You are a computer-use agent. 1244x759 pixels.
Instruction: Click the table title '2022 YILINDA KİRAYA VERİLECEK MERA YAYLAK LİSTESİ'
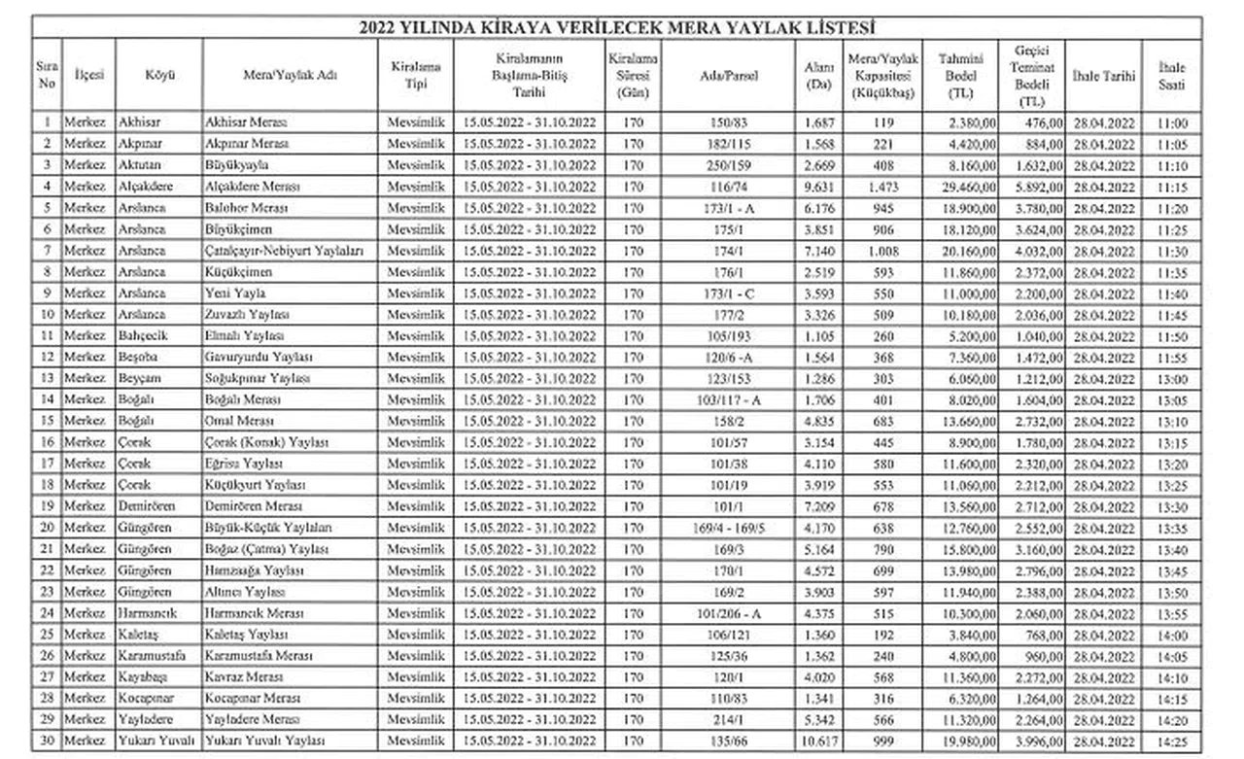(x=616, y=27)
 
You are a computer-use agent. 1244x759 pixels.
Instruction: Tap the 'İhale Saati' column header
(x=1171, y=76)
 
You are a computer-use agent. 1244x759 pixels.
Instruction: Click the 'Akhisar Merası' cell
(x=246, y=122)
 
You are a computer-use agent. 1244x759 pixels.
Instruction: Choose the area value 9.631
(x=820, y=187)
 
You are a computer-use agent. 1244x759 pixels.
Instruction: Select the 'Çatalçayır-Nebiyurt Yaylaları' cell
(x=284, y=251)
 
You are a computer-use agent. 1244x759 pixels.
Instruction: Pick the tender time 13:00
(x=1172, y=378)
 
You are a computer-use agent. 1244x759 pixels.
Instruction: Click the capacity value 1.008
(x=882, y=251)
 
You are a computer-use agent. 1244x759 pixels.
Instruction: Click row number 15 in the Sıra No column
(x=47, y=421)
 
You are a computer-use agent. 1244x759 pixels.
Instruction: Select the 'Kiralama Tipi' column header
(x=416, y=76)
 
